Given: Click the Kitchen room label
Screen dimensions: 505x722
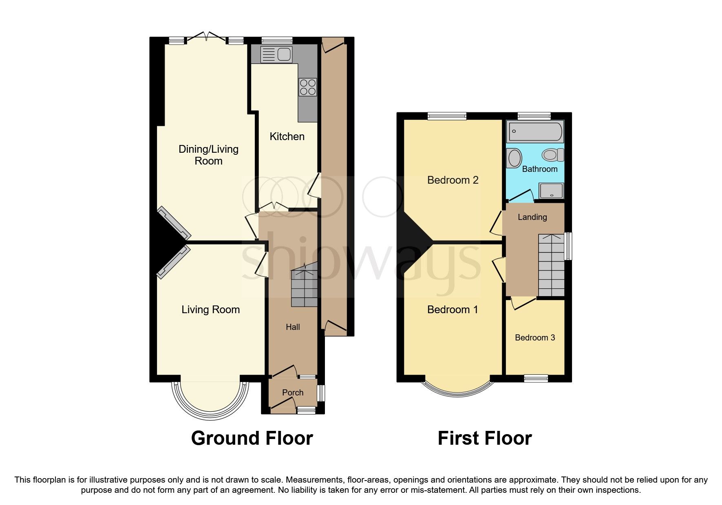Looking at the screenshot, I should [x=287, y=136].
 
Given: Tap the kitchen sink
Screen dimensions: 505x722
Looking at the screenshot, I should [x=276, y=54].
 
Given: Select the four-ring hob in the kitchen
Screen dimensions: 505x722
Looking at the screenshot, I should [x=308, y=87].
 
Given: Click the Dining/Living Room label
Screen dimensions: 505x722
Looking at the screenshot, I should [x=208, y=155].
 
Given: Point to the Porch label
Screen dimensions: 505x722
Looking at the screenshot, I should [x=293, y=393].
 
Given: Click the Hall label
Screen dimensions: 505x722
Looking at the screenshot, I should [x=293, y=327].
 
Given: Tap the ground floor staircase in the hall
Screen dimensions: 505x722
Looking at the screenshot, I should [x=304, y=287].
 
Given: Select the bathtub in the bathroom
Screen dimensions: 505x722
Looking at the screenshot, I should [x=534, y=132].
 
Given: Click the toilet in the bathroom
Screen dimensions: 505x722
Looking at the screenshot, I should [x=553, y=155].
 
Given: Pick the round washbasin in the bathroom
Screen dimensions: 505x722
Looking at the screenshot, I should [x=514, y=158].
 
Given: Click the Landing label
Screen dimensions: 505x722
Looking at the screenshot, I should [x=532, y=217].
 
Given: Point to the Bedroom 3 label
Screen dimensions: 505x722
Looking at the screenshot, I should [x=535, y=338].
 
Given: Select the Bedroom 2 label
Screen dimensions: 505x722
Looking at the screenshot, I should [x=453, y=180].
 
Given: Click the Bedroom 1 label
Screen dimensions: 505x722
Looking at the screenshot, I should [x=453, y=310].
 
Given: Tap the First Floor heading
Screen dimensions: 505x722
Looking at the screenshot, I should [x=484, y=439].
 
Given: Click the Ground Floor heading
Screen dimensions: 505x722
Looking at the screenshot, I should [x=252, y=439].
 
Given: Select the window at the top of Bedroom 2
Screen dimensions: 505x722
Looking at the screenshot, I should [x=447, y=116].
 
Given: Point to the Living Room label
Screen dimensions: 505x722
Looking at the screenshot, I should [x=210, y=310].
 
